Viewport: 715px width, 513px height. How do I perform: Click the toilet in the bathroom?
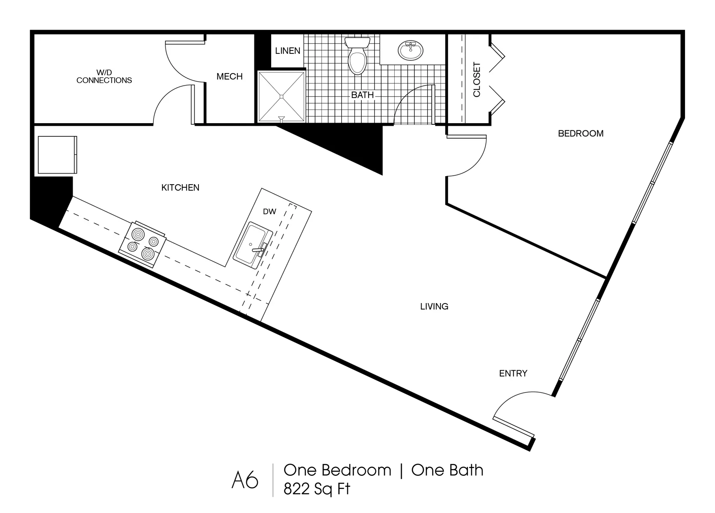357,56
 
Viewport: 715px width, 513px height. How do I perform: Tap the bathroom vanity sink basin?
411,50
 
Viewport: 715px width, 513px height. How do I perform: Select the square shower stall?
281,96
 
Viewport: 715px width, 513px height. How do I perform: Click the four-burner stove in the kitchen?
142,244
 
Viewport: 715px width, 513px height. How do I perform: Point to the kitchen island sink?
252,245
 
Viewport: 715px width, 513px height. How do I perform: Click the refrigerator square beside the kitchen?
57,155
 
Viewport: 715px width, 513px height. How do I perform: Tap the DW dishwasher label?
269,212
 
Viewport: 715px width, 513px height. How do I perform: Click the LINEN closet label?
288,51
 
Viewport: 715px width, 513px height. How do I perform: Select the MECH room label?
230,77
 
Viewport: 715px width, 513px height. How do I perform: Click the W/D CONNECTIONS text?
104,77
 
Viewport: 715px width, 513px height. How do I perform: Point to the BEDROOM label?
581,133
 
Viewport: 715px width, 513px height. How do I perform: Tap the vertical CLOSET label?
476,80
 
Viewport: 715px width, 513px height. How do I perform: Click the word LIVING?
434,307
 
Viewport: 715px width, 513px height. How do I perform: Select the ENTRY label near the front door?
513,373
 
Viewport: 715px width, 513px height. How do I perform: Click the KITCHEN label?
180,188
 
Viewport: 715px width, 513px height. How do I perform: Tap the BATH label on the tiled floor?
362,95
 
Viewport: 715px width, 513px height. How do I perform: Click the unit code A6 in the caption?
245,480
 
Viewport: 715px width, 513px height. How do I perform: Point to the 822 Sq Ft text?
316,489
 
